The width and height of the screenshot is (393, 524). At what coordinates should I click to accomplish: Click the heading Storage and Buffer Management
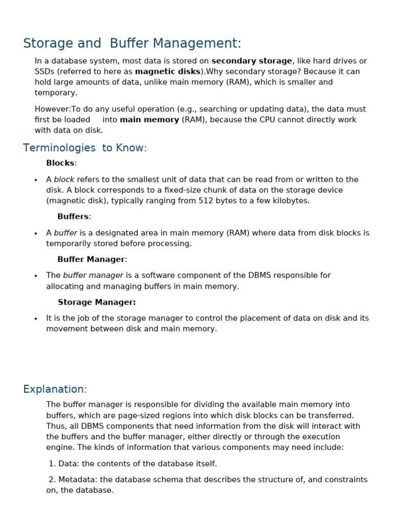[132, 44]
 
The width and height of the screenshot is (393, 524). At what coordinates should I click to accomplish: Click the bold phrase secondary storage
[251, 61]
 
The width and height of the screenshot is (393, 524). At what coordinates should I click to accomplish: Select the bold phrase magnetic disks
[167, 72]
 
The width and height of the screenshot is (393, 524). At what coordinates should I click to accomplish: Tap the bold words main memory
[149, 120]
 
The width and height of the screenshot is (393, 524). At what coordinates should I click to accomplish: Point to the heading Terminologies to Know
[85, 148]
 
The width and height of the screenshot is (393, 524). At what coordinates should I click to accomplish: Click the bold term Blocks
[60, 163]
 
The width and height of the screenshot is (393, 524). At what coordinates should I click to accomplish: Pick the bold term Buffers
[73, 216]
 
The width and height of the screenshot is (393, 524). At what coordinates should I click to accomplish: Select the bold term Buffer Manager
[91, 259]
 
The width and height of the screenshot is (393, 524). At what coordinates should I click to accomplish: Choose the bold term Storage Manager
[97, 302]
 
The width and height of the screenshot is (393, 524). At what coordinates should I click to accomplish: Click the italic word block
[64, 180]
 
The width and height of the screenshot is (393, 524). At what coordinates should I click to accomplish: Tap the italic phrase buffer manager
[93, 275]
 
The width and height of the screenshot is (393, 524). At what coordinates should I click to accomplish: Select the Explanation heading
[55, 389]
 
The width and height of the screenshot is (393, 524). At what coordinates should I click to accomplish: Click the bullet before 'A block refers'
[36, 180]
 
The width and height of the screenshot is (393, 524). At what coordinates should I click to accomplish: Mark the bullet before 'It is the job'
[36, 319]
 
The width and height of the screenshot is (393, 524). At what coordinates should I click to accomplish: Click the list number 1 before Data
[51, 464]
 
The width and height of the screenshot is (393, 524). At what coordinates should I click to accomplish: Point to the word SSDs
[45, 72]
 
